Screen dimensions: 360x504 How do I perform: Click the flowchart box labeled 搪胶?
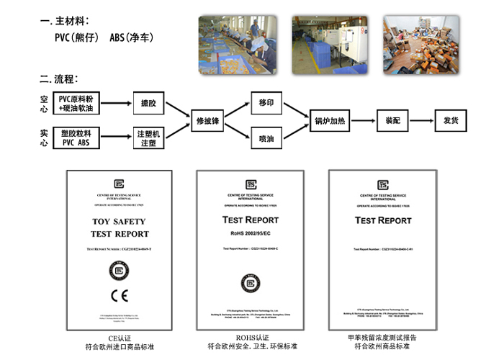click(x=149, y=104)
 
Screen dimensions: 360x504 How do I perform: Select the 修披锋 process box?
click(x=207, y=120)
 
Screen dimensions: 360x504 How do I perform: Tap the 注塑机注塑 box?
click(x=149, y=138)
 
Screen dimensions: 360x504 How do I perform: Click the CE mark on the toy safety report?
click(x=119, y=294)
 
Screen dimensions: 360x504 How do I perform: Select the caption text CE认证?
click(x=119, y=337)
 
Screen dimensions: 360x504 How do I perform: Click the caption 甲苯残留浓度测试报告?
click(x=382, y=337)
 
